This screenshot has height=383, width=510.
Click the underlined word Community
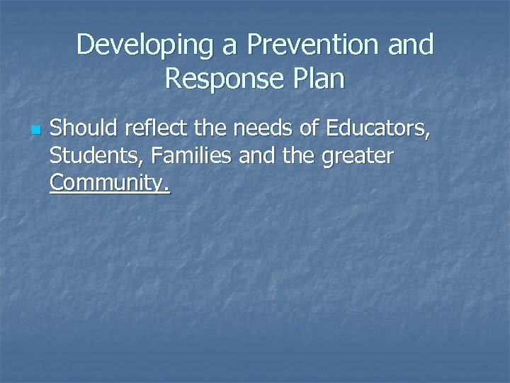pyautogui.click(x=109, y=183)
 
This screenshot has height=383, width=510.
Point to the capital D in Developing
pyautogui.click(x=86, y=45)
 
